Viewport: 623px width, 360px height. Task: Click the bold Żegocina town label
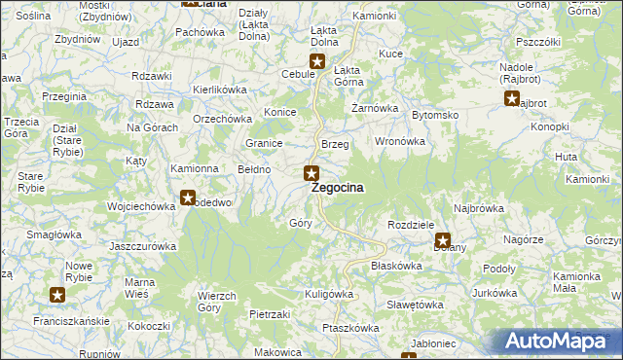pos(338,188)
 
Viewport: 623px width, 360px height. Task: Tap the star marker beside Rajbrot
pos(512,97)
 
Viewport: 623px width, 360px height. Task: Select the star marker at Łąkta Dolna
pos(316,62)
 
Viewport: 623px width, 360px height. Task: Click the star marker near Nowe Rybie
pos(57,294)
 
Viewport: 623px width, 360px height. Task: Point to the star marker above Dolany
pos(443,239)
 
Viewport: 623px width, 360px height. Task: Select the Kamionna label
pos(195,168)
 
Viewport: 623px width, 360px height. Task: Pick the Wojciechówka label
pos(140,206)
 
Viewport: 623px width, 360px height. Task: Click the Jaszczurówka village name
pos(143,246)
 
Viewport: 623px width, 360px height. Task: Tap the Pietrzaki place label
pos(270,314)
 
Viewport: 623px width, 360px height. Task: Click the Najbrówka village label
pos(479,208)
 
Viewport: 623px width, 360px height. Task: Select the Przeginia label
pos(65,97)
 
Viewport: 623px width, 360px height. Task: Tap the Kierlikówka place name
pos(221,89)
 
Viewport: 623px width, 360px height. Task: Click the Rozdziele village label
pos(410,224)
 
